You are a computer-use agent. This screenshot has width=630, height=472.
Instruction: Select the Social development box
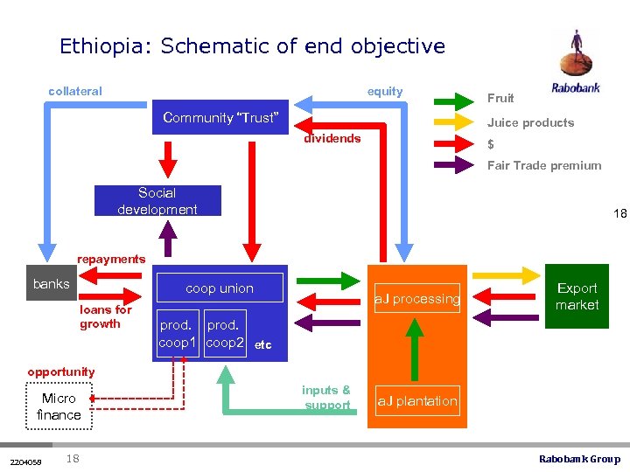coord(157,200)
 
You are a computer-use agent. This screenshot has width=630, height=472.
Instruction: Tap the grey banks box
coord(51,283)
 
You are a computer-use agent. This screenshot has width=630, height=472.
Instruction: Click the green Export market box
coord(577,296)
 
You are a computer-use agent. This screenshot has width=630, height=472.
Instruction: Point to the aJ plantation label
coord(416,401)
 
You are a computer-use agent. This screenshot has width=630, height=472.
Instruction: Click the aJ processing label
coord(416,299)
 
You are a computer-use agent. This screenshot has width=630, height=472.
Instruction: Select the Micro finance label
coord(59,406)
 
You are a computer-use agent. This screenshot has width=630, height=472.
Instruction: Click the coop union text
coord(219,288)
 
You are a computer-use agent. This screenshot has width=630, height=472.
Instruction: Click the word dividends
coord(332,138)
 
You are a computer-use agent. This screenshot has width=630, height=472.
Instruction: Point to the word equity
coord(385,91)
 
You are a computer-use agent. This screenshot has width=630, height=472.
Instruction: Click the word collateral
coord(75,91)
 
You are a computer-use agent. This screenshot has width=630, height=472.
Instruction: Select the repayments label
coord(111,259)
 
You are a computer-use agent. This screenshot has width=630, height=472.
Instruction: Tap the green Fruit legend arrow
coord(457,98)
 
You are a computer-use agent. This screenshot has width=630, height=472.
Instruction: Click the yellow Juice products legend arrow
coord(457,121)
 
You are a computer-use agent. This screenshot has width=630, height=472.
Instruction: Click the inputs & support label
coord(326,398)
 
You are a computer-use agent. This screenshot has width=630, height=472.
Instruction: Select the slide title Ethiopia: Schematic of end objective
coord(252,46)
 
